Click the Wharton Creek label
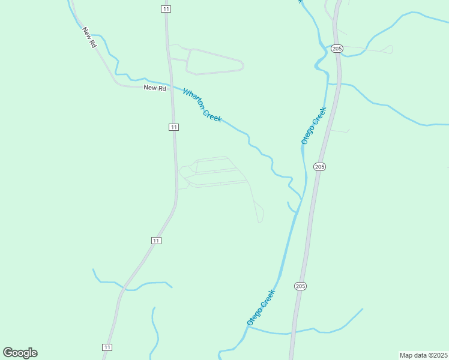tap(202, 106)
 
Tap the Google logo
tap(20, 353)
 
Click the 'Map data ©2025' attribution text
tap(423, 355)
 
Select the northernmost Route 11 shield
tap(166, 8)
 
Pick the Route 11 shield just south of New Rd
tap(173, 127)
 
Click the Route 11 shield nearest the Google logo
tap(107, 347)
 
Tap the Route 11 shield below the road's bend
tap(156, 241)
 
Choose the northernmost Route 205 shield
tap(337, 48)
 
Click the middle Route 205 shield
tap(319, 166)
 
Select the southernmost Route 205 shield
tap(300, 286)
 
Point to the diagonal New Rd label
tap(90, 37)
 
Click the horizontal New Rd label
tap(154, 88)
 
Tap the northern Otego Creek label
tap(313, 125)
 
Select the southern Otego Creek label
tap(261, 307)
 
